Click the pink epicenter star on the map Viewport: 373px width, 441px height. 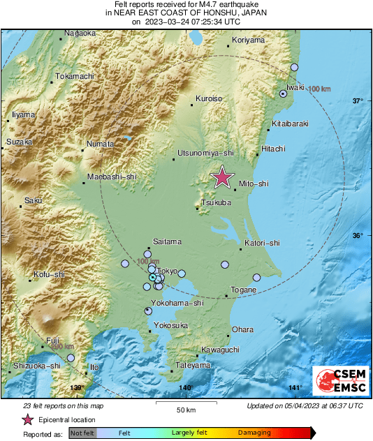coord(222,177)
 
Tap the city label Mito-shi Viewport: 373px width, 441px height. coord(254,184)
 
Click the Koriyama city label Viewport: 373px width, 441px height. coord(248,40)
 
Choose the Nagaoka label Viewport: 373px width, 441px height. coord(80,33)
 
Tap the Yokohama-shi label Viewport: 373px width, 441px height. coord(178,303)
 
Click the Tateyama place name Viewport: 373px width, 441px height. coord(193,365)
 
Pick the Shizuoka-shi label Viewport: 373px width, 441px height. coord(36,365)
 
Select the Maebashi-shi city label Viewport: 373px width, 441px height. coord(112,177)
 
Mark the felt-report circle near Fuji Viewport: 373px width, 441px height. coord(71,358)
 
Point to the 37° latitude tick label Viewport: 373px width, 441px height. coord(358,101)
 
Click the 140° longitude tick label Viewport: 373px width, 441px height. coord(186,388)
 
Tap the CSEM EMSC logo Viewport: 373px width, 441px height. coord(337,381)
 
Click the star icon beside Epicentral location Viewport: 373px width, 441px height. coord(28,419)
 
